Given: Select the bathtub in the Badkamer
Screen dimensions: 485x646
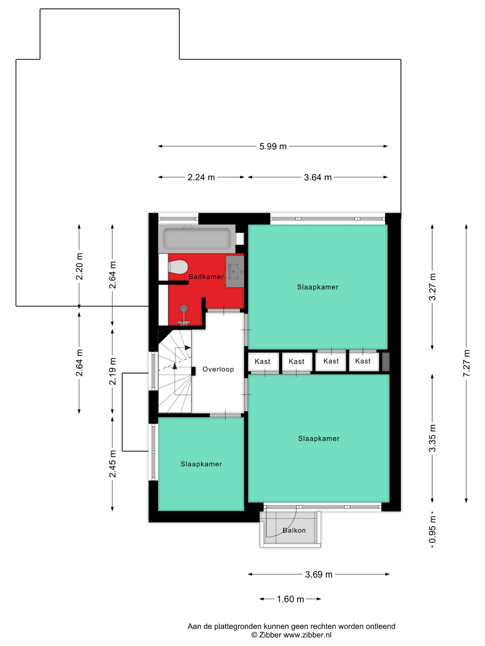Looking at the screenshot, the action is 197,239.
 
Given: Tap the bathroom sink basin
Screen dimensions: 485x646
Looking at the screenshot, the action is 235,271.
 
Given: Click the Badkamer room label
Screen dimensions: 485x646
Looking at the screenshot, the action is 206,277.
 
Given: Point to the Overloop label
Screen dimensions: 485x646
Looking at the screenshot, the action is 218,369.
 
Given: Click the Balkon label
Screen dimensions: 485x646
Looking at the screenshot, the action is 294,530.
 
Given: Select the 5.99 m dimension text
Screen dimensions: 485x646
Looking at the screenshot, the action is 273,146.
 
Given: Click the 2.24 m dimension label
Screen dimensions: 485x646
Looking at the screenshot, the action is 201,177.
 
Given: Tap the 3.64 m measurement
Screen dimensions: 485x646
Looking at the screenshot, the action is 318,177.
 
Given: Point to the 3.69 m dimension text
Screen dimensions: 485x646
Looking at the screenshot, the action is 319,575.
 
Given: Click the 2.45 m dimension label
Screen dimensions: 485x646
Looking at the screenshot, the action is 113,464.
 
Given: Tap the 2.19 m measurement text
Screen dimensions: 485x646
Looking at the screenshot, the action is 113,371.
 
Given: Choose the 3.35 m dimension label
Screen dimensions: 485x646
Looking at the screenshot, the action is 432,438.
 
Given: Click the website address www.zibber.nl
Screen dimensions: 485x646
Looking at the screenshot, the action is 307,635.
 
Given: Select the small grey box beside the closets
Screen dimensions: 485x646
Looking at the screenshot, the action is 386,362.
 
